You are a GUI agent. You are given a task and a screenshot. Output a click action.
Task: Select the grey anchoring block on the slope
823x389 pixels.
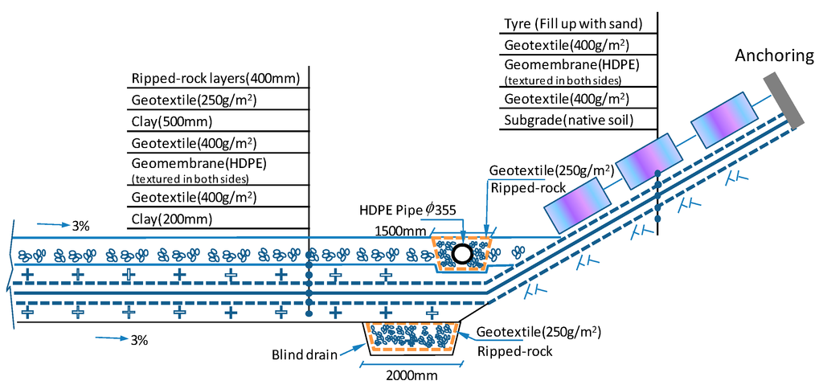[784, 100]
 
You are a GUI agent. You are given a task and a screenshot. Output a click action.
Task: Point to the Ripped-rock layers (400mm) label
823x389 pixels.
[215, 79]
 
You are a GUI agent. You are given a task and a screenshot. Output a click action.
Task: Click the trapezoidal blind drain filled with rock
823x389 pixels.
[411, 338]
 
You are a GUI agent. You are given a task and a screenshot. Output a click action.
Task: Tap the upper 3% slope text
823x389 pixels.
[80, 226]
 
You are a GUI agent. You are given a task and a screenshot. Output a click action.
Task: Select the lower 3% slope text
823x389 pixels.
[139, 339]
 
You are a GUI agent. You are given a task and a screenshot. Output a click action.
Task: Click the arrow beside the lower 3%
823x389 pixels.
[111, 338]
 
